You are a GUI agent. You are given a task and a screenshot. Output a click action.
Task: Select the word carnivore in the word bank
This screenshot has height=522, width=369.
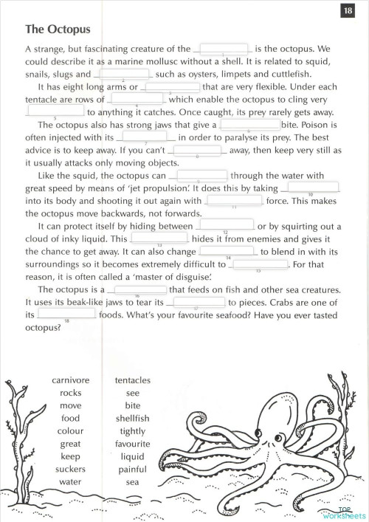point(71,380)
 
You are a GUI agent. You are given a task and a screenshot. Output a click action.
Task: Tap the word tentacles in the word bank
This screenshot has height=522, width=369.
point(133,380)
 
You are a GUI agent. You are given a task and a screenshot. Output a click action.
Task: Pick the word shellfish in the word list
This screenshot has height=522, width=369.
point(133,418)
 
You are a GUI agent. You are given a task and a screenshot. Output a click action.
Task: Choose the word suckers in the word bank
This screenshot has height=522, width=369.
point(71,469)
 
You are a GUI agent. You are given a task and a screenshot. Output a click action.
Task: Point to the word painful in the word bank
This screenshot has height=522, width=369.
point(133,469)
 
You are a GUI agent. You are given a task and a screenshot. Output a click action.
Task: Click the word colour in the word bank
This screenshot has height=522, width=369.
point(71,430)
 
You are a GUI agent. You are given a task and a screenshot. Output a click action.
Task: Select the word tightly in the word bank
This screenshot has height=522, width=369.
point(133,430)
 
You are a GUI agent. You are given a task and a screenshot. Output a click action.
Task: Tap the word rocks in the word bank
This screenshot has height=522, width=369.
point(71,393)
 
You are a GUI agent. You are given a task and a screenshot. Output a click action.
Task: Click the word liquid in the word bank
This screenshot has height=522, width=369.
point(133,456)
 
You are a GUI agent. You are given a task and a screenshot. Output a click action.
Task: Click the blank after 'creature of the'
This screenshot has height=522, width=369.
point(223,49)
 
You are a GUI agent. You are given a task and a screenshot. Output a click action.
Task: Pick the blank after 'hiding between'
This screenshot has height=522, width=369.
point(225,225)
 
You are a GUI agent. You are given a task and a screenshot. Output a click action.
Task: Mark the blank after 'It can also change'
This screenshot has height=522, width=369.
point(229,251)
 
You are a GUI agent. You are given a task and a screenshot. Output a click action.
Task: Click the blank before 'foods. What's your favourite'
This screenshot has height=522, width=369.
point(67,314)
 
